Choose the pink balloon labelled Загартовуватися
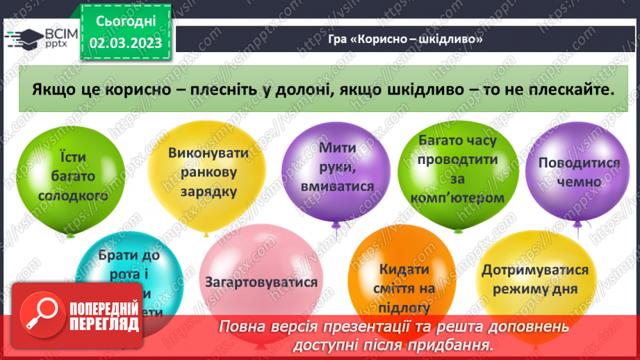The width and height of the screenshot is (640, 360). [x=261, y=282]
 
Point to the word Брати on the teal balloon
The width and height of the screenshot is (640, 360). [x=119, y=254]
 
